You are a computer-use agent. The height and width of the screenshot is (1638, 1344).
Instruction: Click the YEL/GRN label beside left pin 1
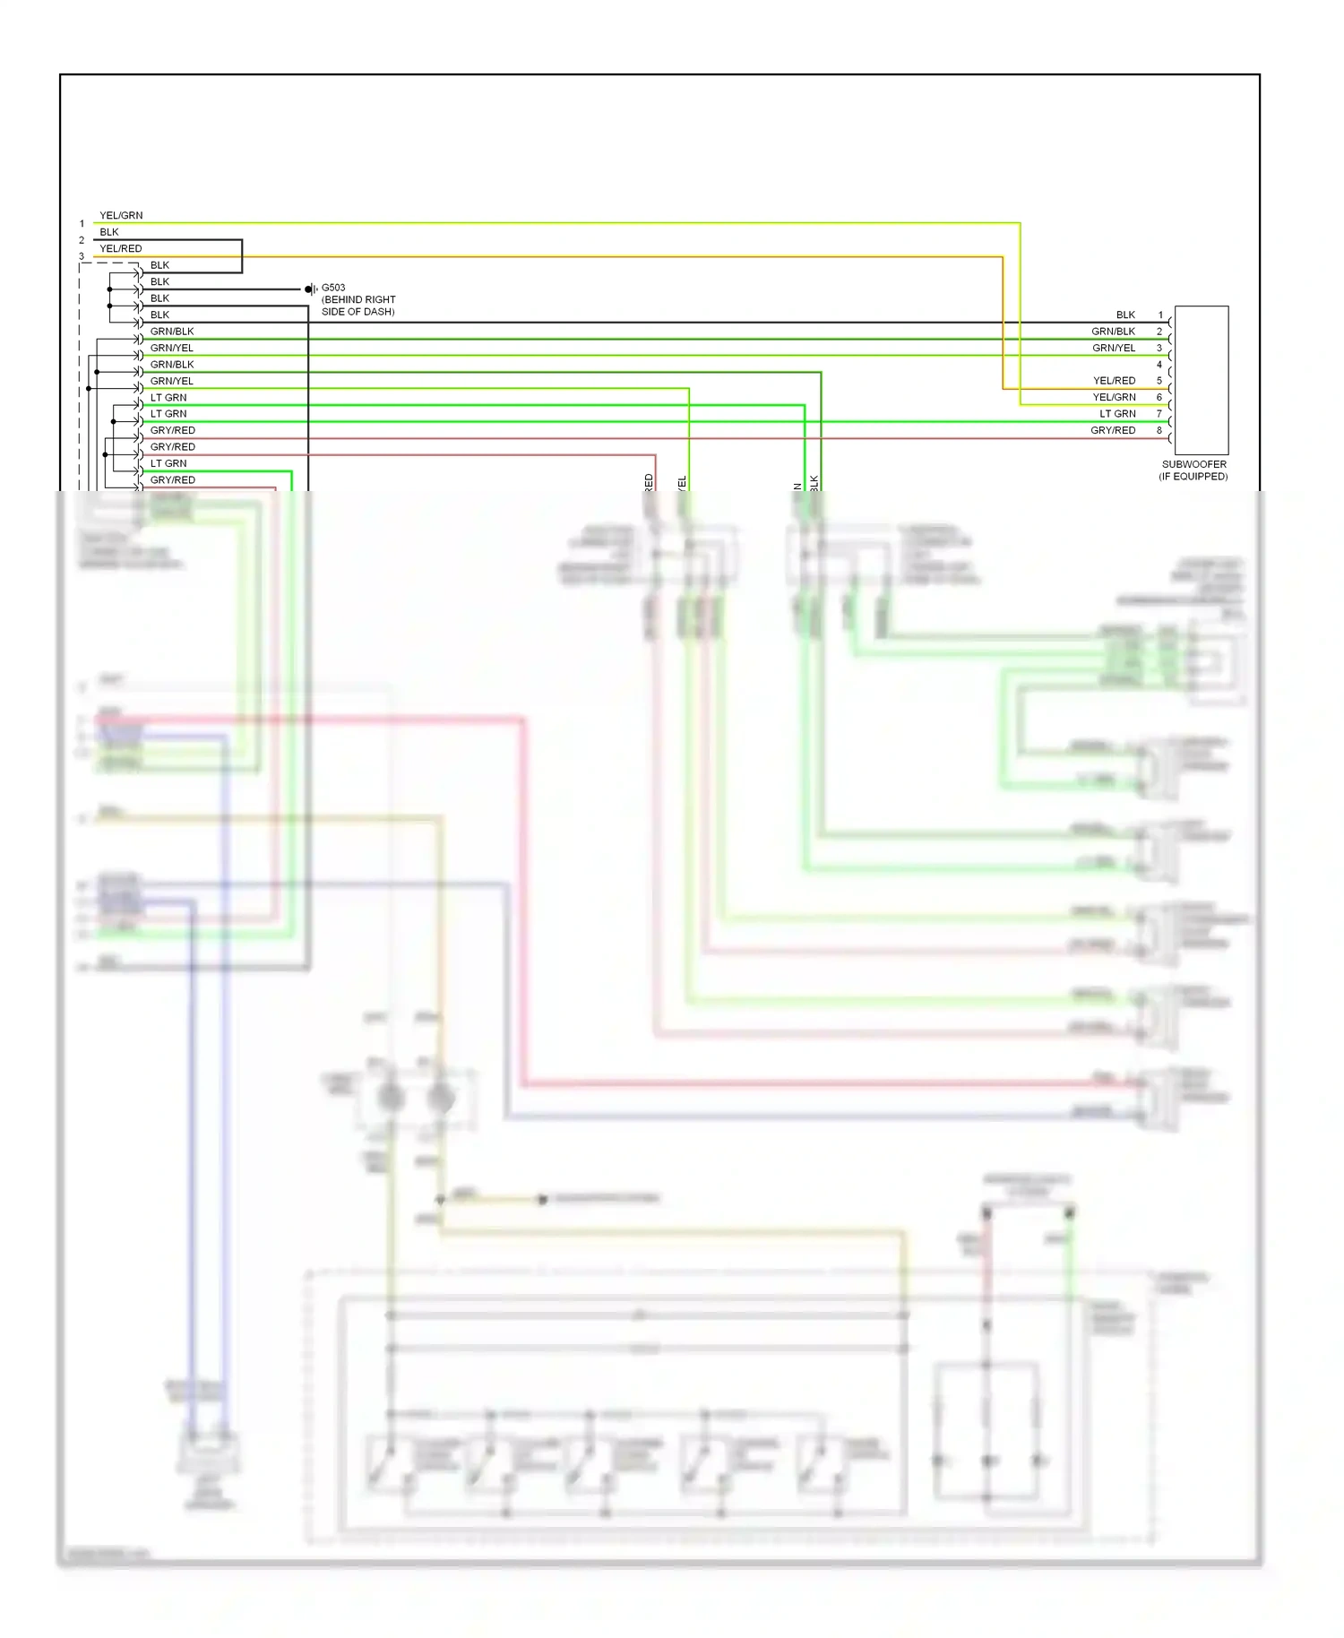pyautogui.click(x=121, y=215)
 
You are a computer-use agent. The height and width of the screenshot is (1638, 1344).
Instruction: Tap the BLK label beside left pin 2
pyautogui.click(x=109, y=232)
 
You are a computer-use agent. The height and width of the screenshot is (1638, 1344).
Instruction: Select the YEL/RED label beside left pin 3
pyautogui.click(x=121, y=248)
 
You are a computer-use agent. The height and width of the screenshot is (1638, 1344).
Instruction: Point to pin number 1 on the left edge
pyautogui.click(x=82, y=224)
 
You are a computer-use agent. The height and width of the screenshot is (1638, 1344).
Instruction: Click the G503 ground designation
pyautogui.click(x=333, y=288)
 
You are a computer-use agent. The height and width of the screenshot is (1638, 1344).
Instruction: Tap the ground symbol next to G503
pyautogui.click(x=310, y=289)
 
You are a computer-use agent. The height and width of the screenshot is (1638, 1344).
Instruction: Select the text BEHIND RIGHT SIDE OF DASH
pyautogui.click(x=358, y=306)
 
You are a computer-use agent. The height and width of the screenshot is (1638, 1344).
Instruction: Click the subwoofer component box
pyautogui.click(x=1202, y=380)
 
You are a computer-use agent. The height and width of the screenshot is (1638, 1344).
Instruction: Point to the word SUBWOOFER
pyautogui.click(x=1194, y=464)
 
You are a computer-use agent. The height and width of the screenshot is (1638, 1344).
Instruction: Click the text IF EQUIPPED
pyautogui.click(x=1193, y=476)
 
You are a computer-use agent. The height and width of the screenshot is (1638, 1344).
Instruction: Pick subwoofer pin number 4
pyautogui.click(x=1159, y=365)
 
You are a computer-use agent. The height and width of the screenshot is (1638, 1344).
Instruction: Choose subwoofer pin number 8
pyautogui.click(x=1159, y=430)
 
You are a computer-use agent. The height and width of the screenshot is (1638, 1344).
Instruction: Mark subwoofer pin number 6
pyautogui.click(x=1159, y=397)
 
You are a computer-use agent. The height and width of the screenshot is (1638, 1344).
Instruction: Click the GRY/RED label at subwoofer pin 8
pyautogui.click(x=1113, y=430)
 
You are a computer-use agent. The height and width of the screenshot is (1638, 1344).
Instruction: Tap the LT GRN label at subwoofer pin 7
pyautogui.click(x=1117, y=414)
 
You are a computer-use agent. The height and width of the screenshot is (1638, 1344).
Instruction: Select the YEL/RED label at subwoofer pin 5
pyautogui.click(x=1114, y=381)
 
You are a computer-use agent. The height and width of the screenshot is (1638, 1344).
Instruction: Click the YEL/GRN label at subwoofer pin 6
pyautogui.click(x=1114, y=397)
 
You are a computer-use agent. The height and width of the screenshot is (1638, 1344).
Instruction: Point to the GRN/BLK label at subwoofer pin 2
pyautogui.click(x=1113, y=332)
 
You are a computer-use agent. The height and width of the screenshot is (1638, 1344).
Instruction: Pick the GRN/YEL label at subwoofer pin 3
pyautogui.click(x=1114, y=348)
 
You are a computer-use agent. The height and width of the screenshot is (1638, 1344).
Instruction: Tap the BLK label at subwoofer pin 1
pyautogui.click(x=1125, y=315)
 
